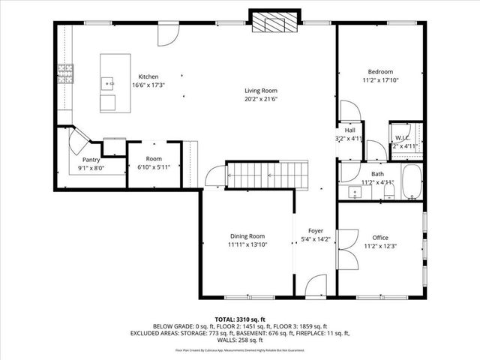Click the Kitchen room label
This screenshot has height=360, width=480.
tap(148, 76)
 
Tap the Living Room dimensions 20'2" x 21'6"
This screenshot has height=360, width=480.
tap(260, 99)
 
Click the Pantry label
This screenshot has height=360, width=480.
tap(91, 160)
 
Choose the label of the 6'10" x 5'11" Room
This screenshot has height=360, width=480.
tap(154, 159)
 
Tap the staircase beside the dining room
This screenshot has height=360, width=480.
tap(266, 176)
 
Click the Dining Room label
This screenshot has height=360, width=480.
tap(247, 235)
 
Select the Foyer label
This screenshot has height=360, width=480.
tap(316, 231)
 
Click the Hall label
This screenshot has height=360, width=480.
tap(349, 130)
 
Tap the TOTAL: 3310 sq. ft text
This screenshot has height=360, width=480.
tap(240, 319)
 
